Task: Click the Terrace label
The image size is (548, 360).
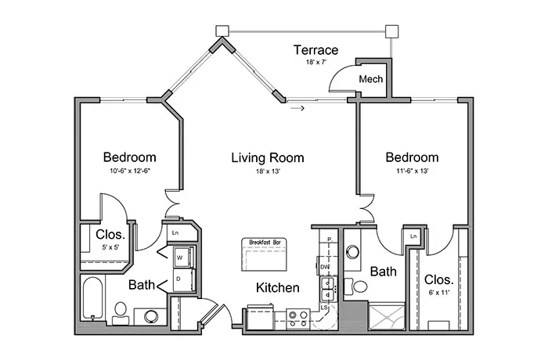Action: coord(315,50)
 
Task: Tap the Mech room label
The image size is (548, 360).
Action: coord(370,80)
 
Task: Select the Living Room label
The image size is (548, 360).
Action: coord(267,158)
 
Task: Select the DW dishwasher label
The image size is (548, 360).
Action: coord(324,267)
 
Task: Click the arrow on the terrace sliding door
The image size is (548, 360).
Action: coord(297,109)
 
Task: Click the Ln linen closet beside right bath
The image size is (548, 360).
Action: coord(412,235)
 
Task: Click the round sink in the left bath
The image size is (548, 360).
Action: coord(150,316)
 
